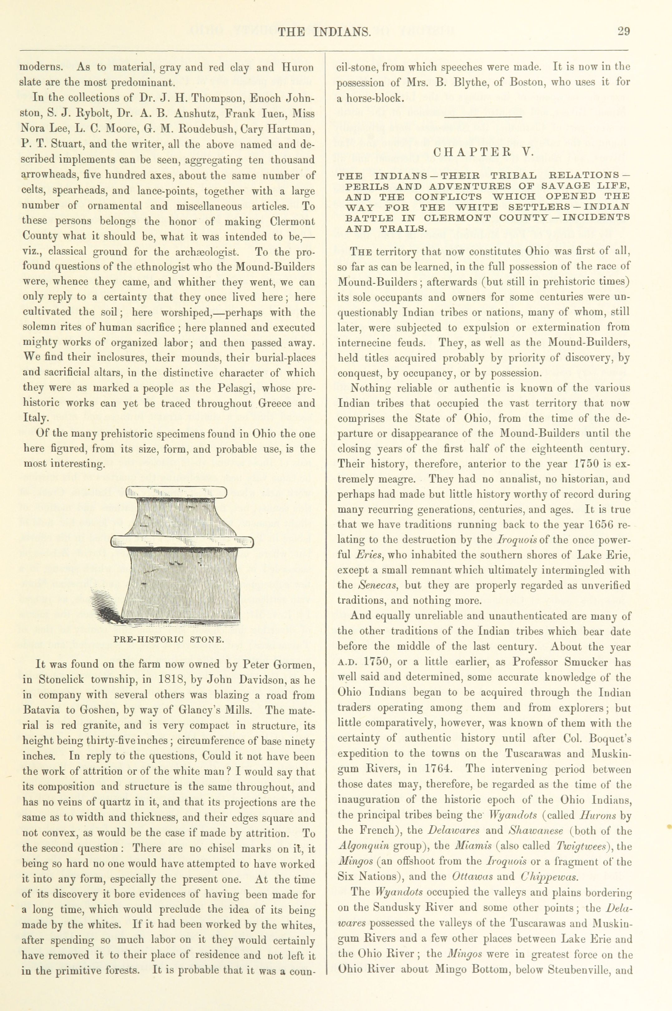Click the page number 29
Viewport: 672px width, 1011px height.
623,32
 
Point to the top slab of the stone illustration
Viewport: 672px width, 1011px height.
176,493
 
